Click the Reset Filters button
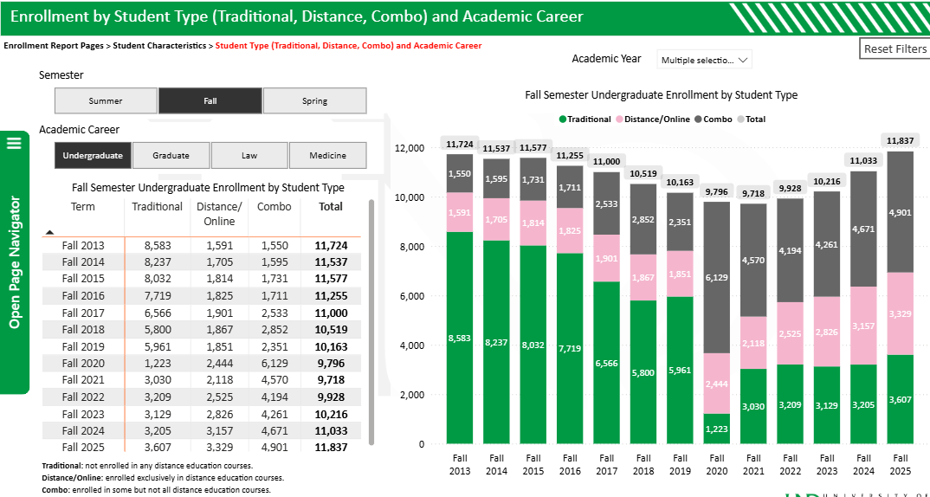(894, 48)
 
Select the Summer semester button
(106, 100)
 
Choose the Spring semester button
(314, 100)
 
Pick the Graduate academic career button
(171, 155)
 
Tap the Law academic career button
(249, 155)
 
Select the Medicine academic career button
(327, 155)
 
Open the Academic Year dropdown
(704, 60)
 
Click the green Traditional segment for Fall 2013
(460, 338)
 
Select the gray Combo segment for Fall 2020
(717, 277)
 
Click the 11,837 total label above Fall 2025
(900, 140)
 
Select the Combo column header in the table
(274, 207)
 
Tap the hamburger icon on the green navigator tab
(14, 143)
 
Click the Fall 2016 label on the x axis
(569, 464)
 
